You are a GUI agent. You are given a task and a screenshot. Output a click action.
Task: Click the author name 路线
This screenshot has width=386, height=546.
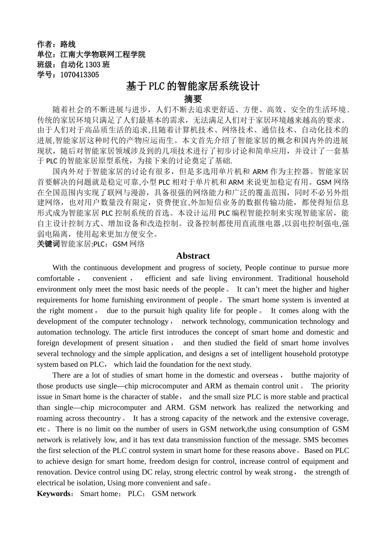tap(68, 44)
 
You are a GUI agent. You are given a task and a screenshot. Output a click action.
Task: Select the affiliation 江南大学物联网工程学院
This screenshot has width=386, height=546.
tap(103, 54)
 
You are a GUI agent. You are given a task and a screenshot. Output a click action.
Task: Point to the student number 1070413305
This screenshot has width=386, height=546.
tap(80, 75)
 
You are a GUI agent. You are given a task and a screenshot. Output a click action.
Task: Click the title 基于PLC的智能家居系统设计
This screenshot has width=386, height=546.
tap(193, 86)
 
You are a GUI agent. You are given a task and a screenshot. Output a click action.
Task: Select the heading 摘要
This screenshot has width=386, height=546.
tap(193, 99)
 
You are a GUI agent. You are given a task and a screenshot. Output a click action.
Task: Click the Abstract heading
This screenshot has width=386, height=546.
tap(193, 256)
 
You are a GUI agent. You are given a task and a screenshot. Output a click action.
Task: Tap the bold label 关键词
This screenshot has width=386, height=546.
tap(48, 244)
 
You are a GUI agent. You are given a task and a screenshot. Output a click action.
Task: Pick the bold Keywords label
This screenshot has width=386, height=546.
tap(54, 494)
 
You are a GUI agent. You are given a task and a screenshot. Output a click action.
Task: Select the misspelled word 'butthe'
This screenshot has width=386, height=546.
tap(302, 375)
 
